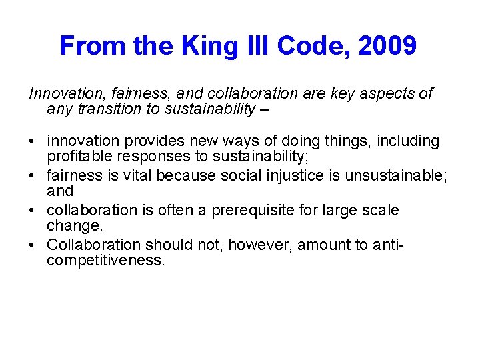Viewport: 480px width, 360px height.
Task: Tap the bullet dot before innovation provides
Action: click(33, 142)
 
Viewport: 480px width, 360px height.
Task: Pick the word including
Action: click(409, 141)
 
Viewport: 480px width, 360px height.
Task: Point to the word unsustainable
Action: click(386, 176)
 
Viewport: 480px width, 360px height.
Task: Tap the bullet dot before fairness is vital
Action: click(33, 177)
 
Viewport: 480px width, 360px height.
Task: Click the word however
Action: click(260, 245)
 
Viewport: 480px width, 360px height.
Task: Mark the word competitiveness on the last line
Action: click(105, 260)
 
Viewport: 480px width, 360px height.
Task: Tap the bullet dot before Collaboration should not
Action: click(33, 245)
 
